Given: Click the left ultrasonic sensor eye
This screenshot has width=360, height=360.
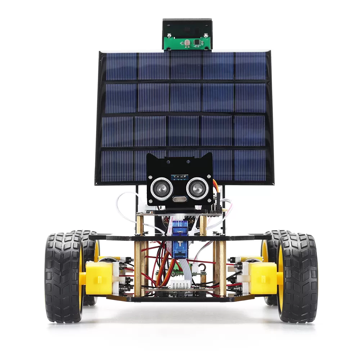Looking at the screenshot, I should [x=161, y=188].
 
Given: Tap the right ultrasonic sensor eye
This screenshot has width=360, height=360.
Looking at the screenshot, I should [x=197, y=188].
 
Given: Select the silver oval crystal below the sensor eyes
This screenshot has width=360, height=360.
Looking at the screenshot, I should [x=179, y=199].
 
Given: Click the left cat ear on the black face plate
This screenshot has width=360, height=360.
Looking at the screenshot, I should [x=151, y=158].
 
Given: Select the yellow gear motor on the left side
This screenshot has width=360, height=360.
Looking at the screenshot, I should [x=98, y=277].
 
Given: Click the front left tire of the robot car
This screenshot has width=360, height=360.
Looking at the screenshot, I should [x=64, y=277].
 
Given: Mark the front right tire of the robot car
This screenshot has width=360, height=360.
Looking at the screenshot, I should [x=297, y=277].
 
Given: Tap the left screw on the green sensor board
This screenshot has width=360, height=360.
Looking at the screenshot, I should [x=168, y=36].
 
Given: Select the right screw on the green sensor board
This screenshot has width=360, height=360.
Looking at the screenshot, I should [x=205, y=35].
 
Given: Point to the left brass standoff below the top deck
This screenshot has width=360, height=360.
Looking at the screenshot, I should [x=140, y=266].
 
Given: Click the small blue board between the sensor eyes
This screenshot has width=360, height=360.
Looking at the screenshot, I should [x=179, y=177].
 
